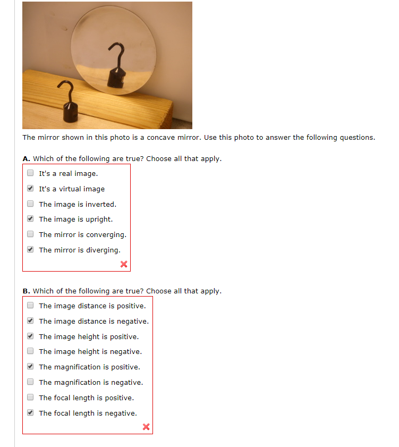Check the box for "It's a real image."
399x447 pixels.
(x=30, y=173)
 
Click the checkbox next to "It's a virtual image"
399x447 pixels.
(x=30, y=188)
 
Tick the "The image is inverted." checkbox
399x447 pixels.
(x=30, y=204)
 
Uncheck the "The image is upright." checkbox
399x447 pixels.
(x=30, y=218)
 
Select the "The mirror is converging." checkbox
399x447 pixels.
(x=30, y=234)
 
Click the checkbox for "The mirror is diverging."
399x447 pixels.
(x=30, y=249)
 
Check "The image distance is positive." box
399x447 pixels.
(x=30, y=305)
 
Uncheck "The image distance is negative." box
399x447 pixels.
(x=30, y=321)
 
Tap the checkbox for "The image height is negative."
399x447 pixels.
(x=30, y=351)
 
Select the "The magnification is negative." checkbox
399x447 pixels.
(x=30, y=382)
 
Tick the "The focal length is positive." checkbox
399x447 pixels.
(x=30, y=397)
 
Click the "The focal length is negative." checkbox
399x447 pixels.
(x=30, y=412)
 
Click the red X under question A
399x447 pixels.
(x=124, y=264)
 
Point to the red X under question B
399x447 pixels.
(x=146, y=426)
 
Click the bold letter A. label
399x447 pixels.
(x=26, y=158)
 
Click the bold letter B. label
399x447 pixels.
(x=26, y=291)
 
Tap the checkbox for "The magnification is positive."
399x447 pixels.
(x=30, y=366)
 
